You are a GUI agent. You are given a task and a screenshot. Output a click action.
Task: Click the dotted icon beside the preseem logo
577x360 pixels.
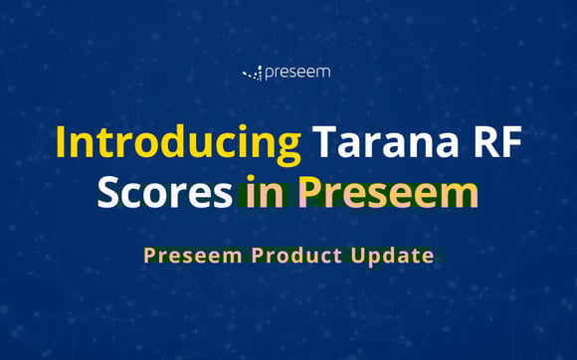(x=253, y=73)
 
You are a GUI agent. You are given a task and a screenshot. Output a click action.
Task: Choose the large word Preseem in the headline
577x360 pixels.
(x=385, y=191)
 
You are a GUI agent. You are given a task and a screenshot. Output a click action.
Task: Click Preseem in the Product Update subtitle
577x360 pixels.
(x=193, y=256)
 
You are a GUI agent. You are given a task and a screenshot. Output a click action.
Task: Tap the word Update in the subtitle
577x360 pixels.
(x=392, y=257)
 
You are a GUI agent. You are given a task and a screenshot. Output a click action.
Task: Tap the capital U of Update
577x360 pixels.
(x=359, y=256)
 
